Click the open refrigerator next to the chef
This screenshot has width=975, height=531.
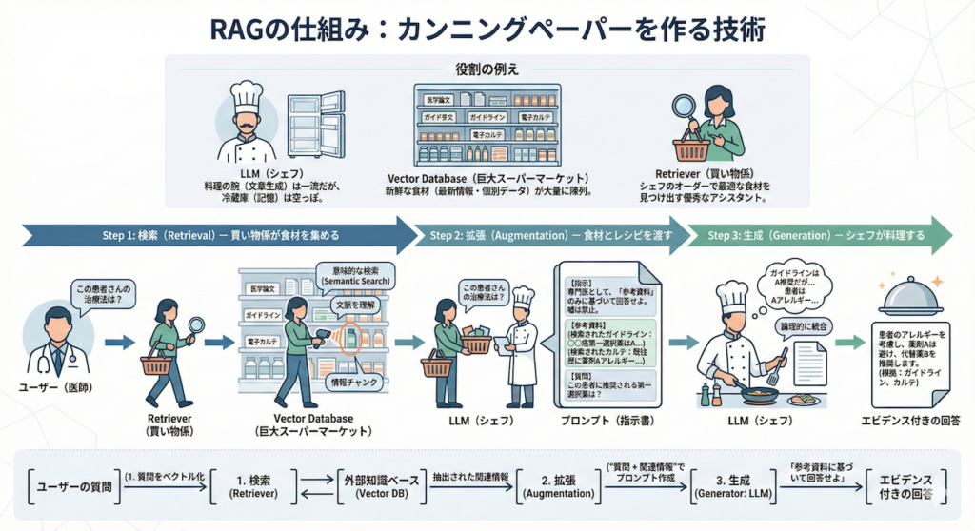coord(316,124)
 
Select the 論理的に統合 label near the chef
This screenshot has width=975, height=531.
coord(806,324)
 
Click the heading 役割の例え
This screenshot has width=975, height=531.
coord(487,68)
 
